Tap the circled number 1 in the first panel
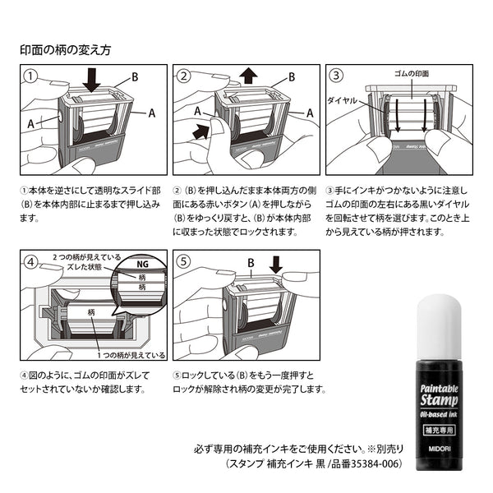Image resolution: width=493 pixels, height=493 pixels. point(30,76)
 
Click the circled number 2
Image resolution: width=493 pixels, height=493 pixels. point(184,76)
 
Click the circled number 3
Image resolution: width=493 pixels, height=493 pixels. point(337,76)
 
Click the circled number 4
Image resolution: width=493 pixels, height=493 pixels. point(30,264)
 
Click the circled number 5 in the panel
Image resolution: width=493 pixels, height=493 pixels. point(184,264)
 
